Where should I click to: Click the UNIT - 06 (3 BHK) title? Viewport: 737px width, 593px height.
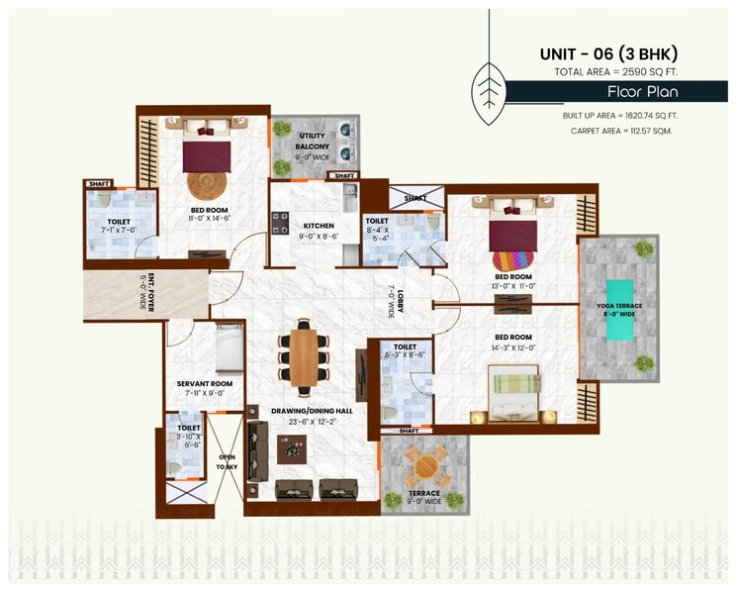click(606, 54)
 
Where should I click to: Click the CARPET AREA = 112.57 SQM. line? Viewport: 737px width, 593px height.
click(620, 131)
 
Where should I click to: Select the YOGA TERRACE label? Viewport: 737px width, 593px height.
click(618, 306)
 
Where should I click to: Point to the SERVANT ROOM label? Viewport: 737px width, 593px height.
click(205, 383)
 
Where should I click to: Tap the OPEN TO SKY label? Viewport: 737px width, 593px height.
click(227, 461)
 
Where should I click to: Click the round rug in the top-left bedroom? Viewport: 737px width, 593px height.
click(208, 185)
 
